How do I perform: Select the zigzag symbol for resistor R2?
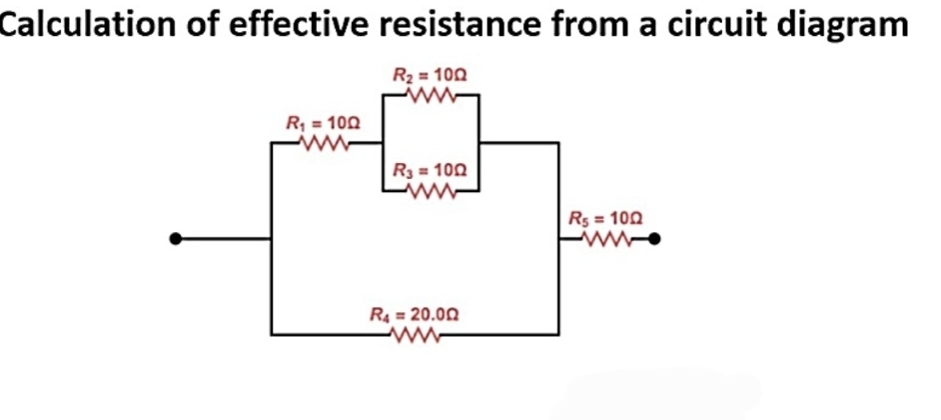click(432, 96)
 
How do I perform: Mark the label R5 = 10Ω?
click(605, 218)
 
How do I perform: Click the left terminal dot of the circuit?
click(176, 239)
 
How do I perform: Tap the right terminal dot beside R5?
click(655, 239)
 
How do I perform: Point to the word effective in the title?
click(297, 23)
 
